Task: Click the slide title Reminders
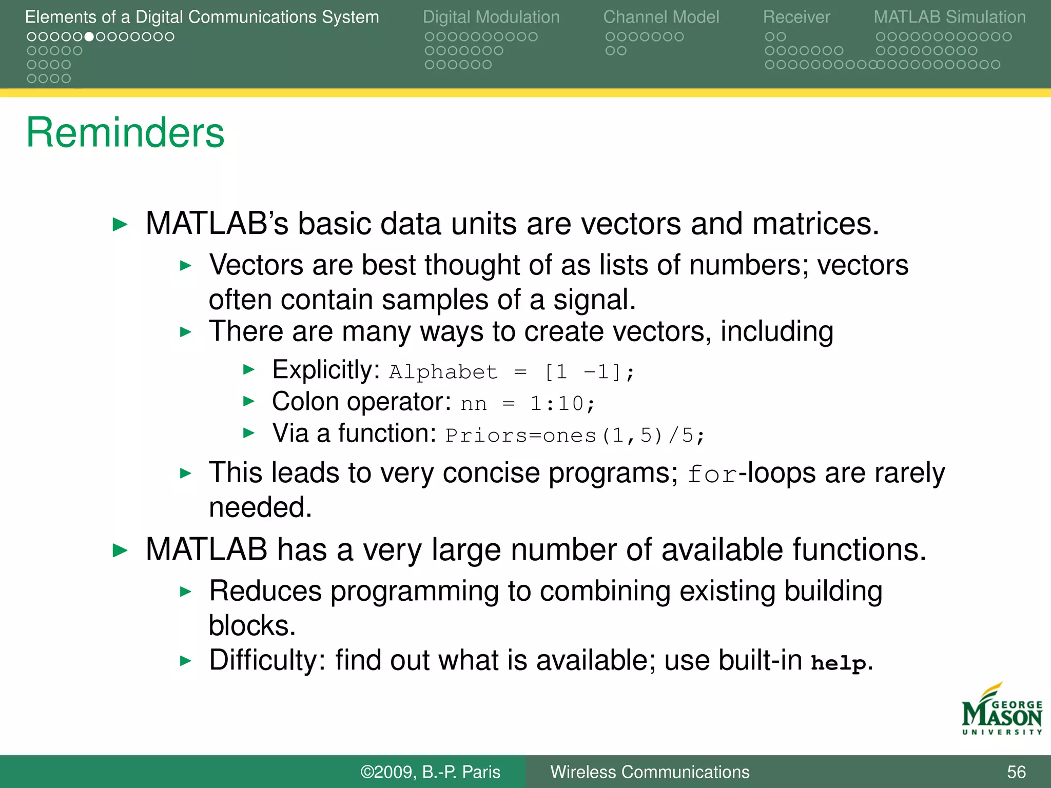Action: point(125,132)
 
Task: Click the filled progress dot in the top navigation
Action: point(89,37)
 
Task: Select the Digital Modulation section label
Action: point(491,17)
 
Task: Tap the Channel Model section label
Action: point(661,17)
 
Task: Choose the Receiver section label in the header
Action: point(796,17)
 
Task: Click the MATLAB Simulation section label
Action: point(949,17)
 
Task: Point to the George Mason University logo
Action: point(1001,711)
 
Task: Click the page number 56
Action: point(1016,772)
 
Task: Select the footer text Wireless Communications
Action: point(650,772)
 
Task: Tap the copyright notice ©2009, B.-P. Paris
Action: point(430,772)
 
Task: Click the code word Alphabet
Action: point(443,372)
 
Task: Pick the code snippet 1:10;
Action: point(562,404)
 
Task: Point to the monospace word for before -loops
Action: point(712,475)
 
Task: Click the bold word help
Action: point(839,663)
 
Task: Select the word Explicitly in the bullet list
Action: point(325,370)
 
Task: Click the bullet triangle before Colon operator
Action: point(249,401)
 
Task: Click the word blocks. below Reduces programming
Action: point(252,626)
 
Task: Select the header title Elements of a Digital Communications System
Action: point(202,17)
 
